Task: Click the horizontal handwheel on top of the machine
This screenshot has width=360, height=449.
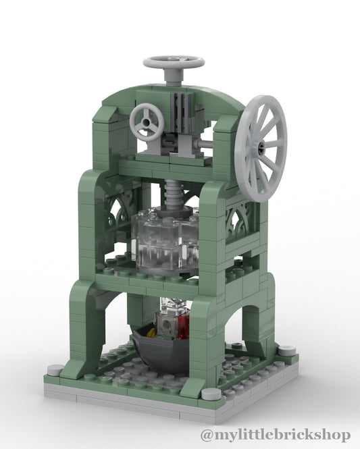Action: tap(174, 63)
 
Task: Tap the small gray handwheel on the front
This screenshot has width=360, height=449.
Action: tap(147, 122)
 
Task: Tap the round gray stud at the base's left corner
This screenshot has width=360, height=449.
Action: tap(56, 370)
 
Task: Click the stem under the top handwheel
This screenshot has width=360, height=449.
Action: tap(173, 78)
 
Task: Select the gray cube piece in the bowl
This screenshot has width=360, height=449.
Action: tap(168, 326)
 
